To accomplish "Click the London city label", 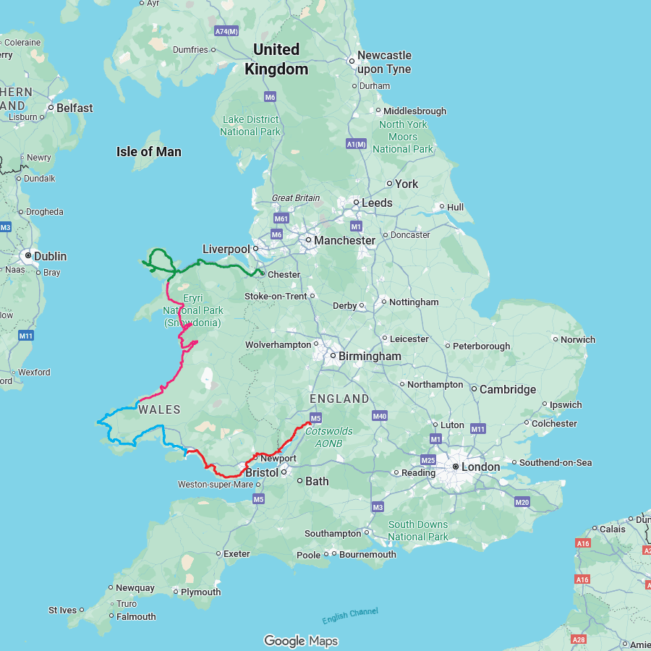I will pos(480,467).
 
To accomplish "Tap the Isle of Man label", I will pos(149,152).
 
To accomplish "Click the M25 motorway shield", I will pos(427,460).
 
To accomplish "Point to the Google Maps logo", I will pos(301,641).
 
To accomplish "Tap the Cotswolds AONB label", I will pos(329,436).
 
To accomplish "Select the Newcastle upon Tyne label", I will pos(384,62).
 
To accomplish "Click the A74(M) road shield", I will pos(226,32).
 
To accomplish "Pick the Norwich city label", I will pos(578,339).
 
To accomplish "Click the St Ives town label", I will pos(62,610).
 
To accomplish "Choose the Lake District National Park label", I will pos(250,125).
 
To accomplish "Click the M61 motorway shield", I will pos(281,218).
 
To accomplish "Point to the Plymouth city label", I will pos(200,592).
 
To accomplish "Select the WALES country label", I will pos(159,409).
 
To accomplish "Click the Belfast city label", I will pos(75,108).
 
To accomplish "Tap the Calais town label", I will pos(612,529).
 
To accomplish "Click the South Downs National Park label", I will pos(417,530).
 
